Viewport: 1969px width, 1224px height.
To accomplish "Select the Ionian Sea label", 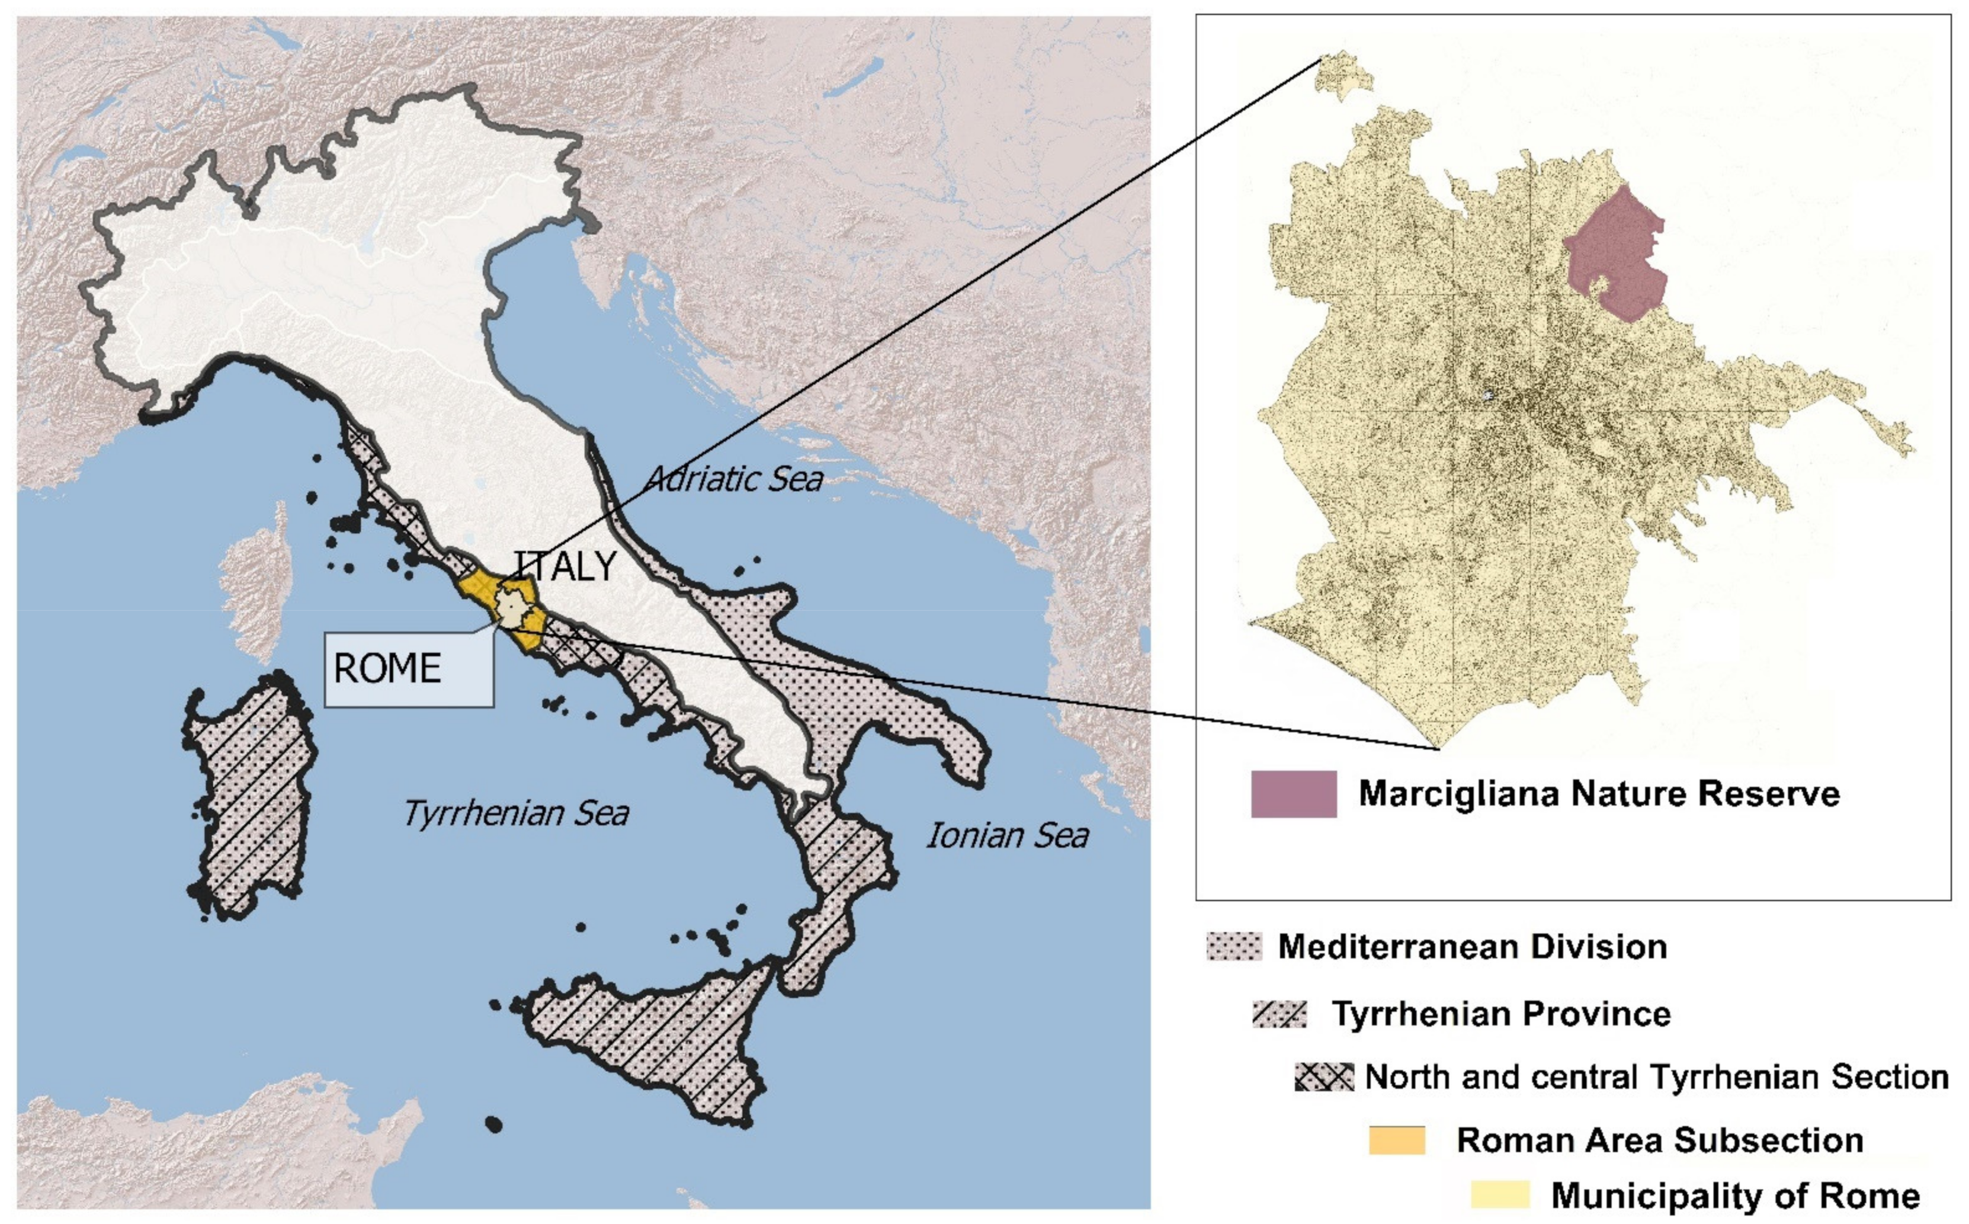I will coord(1007,835).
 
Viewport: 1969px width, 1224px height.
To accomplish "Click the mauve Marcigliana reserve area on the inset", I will coord(1615,255).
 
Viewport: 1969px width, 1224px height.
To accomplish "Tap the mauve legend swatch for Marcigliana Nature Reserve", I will coord(1293,793).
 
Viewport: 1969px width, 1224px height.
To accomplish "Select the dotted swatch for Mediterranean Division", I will coord(1233,946).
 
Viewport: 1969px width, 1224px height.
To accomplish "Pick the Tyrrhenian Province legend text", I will coord(1501,1014).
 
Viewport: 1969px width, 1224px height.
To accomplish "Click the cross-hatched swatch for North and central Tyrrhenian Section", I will coord(1324,1076).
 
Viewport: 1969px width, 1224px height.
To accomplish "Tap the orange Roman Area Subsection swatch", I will coord(1397,1140).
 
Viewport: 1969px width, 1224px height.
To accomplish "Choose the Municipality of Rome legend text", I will coord(1735,1196).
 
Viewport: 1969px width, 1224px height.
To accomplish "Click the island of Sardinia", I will coord(251,797).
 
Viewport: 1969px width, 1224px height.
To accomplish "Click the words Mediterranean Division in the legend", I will coord(1472,946).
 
